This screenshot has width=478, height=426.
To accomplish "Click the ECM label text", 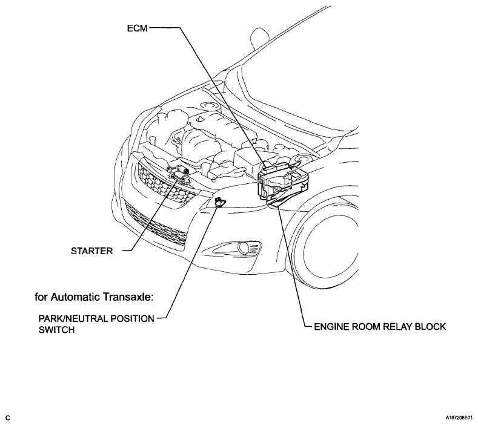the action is [x=137, y=28].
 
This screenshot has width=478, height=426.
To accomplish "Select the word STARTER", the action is [x=91, y=251].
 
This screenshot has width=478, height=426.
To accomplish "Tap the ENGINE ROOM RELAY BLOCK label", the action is [x=380, y=327].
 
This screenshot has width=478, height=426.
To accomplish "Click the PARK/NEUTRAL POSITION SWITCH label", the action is [x=96, y=324].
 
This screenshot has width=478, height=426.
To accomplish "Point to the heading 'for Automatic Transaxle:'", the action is [x=94, y=297].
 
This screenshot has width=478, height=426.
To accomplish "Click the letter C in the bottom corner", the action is [x=8, y=418].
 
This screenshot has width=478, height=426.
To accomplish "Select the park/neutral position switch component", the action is [x=219, y=202].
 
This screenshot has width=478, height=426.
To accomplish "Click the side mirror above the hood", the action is [x=260, y=39].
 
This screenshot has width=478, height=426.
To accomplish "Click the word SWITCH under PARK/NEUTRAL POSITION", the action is [x=56, y=330].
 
